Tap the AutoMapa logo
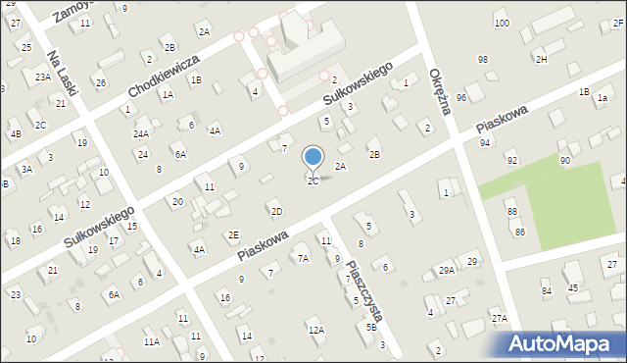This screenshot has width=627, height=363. pos(567,343)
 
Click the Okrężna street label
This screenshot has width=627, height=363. pos(440,91)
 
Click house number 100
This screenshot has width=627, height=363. pos(502,23)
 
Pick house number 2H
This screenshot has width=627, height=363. pos(542,60)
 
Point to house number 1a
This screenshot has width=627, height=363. pos(603,98)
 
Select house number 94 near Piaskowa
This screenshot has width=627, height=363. pos(485,143)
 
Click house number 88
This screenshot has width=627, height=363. pos(511,212)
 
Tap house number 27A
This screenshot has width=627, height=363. pos(500,318)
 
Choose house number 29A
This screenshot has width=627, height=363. pos(446,271)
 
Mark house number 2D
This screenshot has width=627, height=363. pos(276,212)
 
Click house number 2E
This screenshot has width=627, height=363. pos(233,234)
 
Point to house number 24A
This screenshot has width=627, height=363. pos(141,134)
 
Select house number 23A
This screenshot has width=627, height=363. pos(43,77)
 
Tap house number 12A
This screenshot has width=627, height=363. pos(315,331)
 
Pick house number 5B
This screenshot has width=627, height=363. pos(371,328)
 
